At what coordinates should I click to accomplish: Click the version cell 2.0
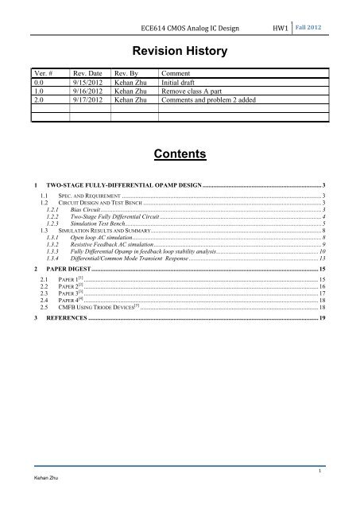[x=38, y=101]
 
